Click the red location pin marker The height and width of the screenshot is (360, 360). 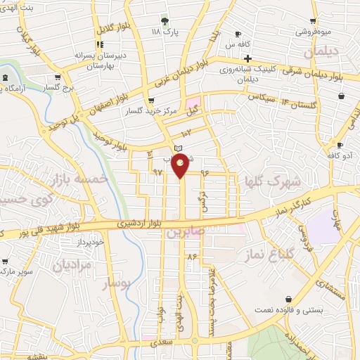pyautogui.click(x=181, y=165)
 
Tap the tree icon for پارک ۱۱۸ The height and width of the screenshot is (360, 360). pyautogui.click(x=165, y=20)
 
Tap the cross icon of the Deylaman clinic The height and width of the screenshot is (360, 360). pyautogui.click(x=247, y=58)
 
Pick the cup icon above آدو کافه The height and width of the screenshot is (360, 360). pyautogui.click(x=340, y=145)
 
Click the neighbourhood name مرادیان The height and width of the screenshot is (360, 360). pyautogui.click(x=72, y=265)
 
